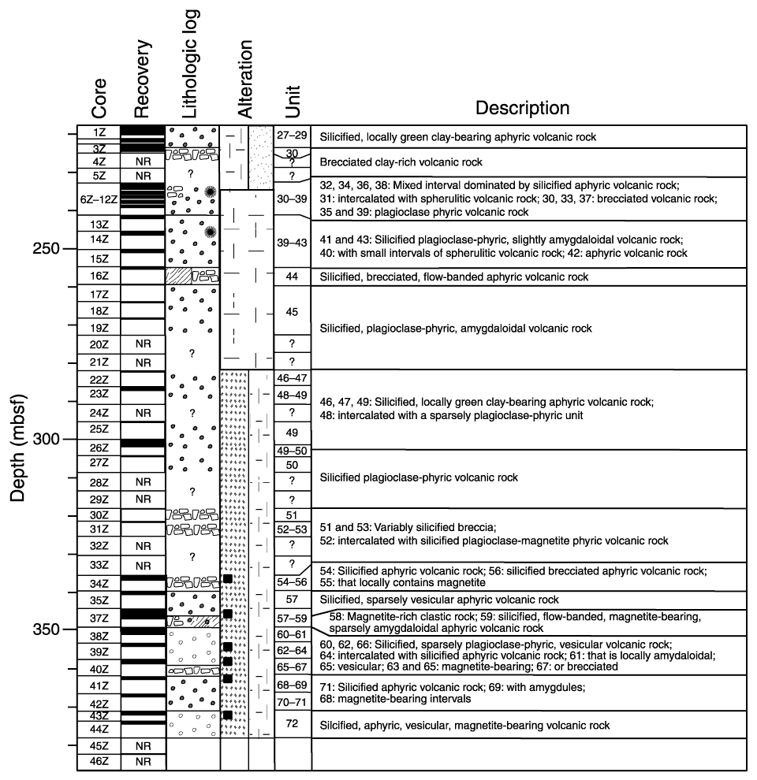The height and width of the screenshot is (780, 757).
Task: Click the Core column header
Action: [x=99, y=99]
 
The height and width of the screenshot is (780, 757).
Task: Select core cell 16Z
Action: [x=99, y=277]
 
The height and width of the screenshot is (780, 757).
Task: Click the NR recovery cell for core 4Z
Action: [x=143, y=162]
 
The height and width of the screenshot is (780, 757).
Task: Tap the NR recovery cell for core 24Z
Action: [x=143, y=412]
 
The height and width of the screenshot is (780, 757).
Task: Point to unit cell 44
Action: [x=292, y=277]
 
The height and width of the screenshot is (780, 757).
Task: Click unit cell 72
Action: [x=292, y=723]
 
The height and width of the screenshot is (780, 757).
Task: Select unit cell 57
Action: [x=292, y=600]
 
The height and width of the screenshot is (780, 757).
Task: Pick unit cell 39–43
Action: [x=292, y=243]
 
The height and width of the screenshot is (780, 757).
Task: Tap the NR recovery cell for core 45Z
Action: [x=143, y=745]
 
